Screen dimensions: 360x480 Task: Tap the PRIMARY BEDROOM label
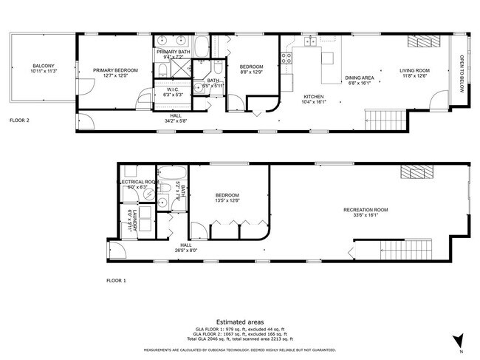tap(111, 70)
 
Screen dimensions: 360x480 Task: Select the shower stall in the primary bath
tap(177, 71)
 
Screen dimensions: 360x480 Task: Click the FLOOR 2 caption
tap(21, 119)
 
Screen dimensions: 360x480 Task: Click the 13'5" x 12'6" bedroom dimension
tap(227, 200)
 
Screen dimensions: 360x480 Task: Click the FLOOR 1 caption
tap(116, 281)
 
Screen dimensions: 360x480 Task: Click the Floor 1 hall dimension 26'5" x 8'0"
tap(186, 250)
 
